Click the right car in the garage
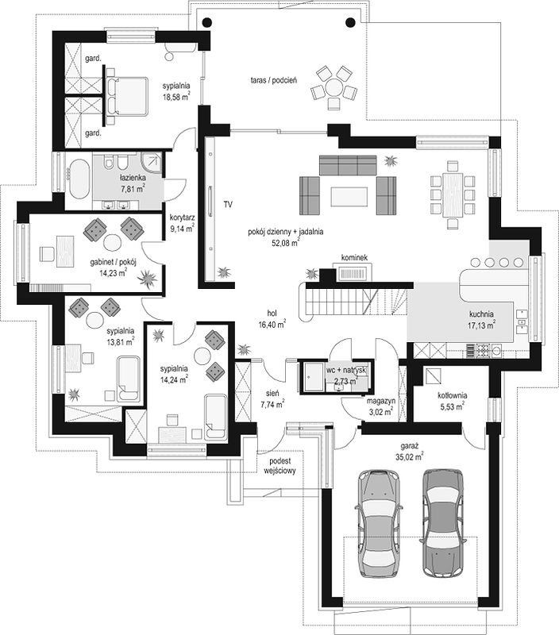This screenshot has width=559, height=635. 443,522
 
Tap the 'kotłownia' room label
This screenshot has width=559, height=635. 452,395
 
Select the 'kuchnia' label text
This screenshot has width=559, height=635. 481,314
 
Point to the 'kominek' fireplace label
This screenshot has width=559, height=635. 354,257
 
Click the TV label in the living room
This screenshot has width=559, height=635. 228,205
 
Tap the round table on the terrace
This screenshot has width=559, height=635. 334,87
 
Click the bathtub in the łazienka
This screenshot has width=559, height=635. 79,179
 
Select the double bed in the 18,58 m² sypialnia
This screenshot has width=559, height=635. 127,97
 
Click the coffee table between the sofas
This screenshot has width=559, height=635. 349,196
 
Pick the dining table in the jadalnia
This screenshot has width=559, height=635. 453,194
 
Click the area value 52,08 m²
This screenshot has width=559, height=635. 286,243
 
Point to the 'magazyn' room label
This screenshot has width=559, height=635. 381,402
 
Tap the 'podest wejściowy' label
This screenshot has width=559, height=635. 280,466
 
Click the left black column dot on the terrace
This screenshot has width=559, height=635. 206,22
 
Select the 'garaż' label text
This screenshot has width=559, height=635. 410,446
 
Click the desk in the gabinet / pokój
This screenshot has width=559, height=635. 65,252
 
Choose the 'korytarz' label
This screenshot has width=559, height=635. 183,217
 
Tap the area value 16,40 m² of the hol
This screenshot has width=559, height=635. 272,324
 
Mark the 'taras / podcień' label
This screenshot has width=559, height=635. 274,80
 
